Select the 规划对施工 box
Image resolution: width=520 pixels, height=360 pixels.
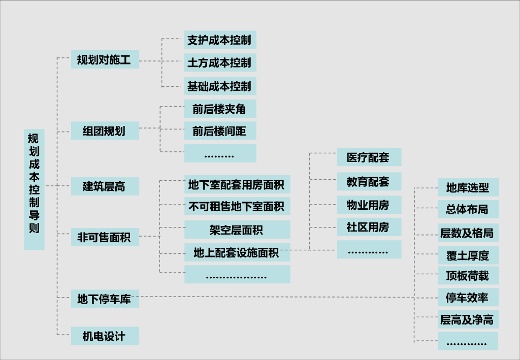[105, 60]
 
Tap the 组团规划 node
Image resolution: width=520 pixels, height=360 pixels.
[105, 131]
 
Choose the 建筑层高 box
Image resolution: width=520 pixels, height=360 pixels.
[105, 187]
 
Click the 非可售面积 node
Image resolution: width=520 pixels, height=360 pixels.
[105, 237]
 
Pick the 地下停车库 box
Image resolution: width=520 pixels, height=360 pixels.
[105, 299]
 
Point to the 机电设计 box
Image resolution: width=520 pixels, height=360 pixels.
[105, 336]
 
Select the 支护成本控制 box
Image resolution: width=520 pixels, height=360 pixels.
[220, 40]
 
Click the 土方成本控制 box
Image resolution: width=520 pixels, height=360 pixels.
[220, 63]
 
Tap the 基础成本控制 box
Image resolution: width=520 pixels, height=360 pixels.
[220, 86]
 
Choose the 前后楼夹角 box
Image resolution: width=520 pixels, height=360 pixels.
[220, 109]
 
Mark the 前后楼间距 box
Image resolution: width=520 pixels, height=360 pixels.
[220, 132]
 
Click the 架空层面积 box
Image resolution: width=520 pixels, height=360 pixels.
[237, 230]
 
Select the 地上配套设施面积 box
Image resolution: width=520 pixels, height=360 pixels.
[237, 252]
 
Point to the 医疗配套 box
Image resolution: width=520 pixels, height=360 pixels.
[369, 157]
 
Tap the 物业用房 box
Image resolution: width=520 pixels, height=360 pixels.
[369, 205]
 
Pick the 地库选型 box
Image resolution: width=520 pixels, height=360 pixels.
[468, 187]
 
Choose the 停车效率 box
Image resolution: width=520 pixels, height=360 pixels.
[468, 298]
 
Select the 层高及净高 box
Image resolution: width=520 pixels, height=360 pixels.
[468, 320]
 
